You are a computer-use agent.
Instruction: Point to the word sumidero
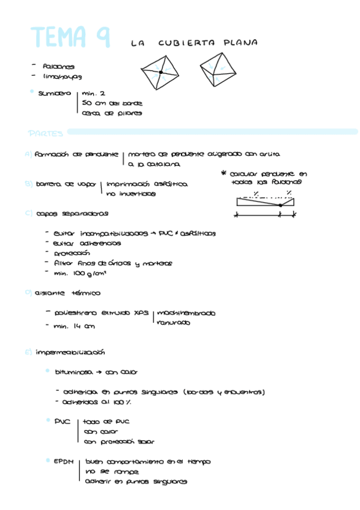(x=54, y=93)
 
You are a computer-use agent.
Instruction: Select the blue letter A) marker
(x=28, y=154)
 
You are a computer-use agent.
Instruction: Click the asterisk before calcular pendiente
(x=224, y=173)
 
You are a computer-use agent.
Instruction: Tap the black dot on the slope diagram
(x=280, y=205)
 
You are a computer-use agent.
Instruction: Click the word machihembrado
(x=186, y=313)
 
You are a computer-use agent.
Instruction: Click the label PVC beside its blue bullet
(x=63, y=421)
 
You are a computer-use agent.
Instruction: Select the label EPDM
(x=64, y=461)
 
